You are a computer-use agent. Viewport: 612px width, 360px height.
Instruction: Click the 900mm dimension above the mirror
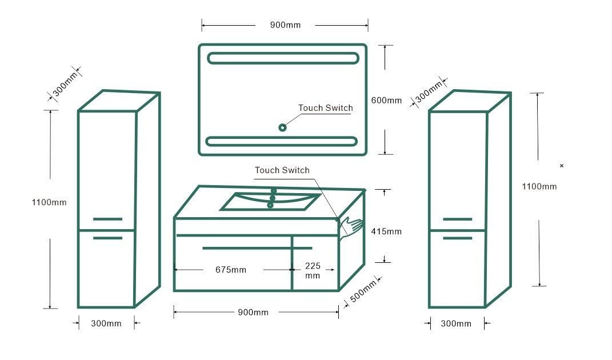coord(285,25)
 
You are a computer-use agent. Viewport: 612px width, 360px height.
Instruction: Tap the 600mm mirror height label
coord(387,100)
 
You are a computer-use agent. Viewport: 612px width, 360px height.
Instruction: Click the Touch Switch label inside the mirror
coord(325,108)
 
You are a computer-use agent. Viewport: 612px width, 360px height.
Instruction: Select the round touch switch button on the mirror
coord(282,127)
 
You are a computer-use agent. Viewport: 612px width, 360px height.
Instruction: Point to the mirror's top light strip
coord(283,58)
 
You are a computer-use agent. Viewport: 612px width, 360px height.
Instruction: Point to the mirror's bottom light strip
coord(282,141)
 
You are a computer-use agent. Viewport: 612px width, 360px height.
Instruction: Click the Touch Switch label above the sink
coord(282,170)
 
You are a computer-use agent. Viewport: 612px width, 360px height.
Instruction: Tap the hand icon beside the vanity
coord(351,227)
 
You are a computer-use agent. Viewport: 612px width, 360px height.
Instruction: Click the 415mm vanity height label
coord(386,231)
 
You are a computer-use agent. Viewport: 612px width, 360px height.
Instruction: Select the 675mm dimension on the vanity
coord(231,269)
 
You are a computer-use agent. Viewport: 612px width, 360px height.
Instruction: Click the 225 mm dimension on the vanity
coord(313,270)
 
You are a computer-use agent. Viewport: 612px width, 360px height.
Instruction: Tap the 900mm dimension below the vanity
coord(253,312)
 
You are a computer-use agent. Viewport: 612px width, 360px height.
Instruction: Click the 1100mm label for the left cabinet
coord(49,202)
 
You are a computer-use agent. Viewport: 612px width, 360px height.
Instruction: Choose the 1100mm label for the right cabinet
coord(539,186)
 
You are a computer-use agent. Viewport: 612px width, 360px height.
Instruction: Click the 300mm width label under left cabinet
coord(106,323)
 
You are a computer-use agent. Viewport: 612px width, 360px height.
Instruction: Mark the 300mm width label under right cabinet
coord(456,323)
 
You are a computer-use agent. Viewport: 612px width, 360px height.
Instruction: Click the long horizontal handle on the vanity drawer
coord(257,248)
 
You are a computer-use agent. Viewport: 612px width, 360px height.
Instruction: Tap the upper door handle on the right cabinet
coord(457,219)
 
